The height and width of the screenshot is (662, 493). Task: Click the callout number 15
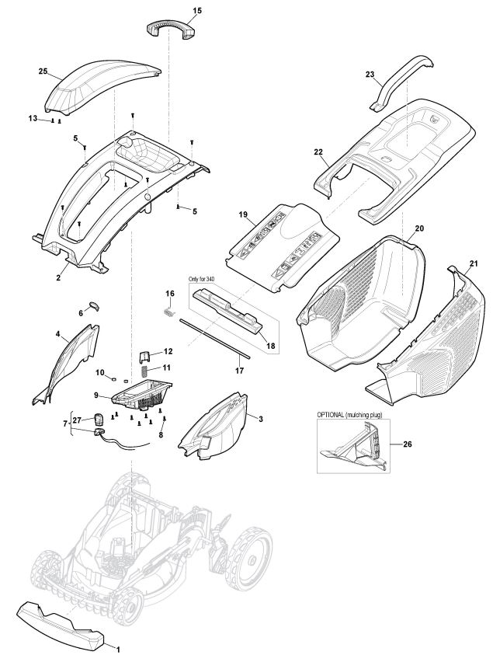196,10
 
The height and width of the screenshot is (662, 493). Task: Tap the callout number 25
43,71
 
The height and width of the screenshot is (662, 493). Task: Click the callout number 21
474,264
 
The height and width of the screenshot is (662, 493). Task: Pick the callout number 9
98,395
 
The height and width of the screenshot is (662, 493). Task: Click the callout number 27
77,420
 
